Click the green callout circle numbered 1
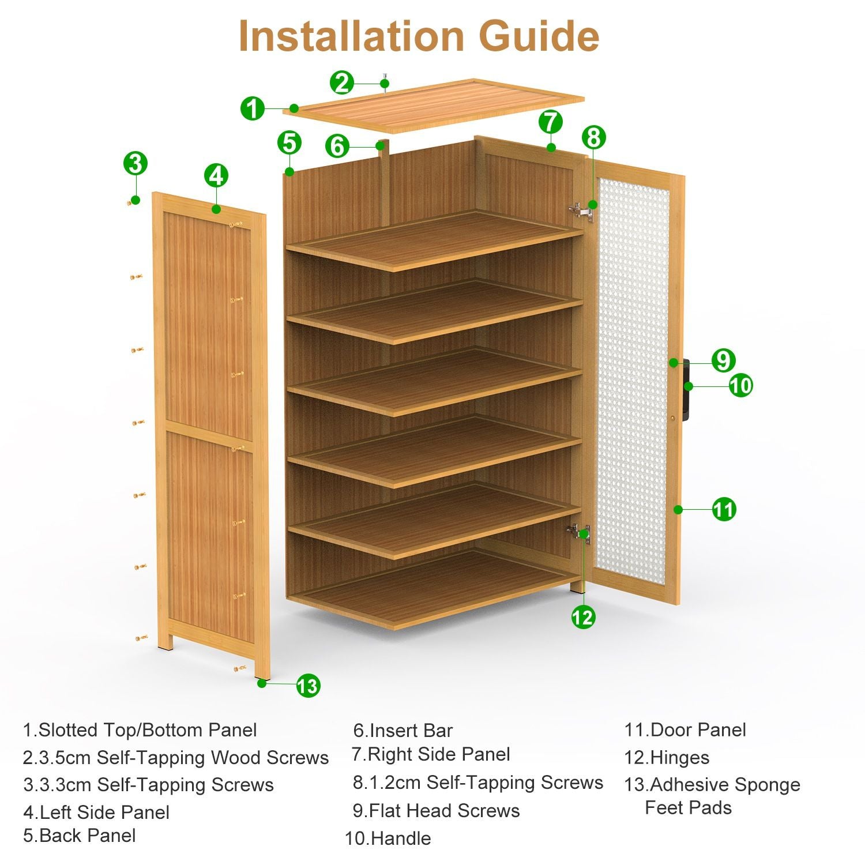[252, 108]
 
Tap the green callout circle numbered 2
[342, 83]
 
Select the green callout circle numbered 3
[135, 163]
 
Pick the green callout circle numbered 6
[337, 146]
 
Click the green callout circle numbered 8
[593, 137]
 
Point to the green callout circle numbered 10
[740, 385]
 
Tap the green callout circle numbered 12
[582, 618]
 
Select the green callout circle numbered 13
[308, 686]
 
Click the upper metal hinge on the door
[581, 212]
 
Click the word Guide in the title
[539, 36]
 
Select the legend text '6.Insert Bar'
[403, 731]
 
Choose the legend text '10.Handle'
[388, 838]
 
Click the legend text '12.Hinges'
[667, 757]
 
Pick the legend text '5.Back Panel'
[80, 836]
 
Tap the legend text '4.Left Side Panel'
[96, 813]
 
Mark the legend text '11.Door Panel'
[685, 730]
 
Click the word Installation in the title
[352, 36]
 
